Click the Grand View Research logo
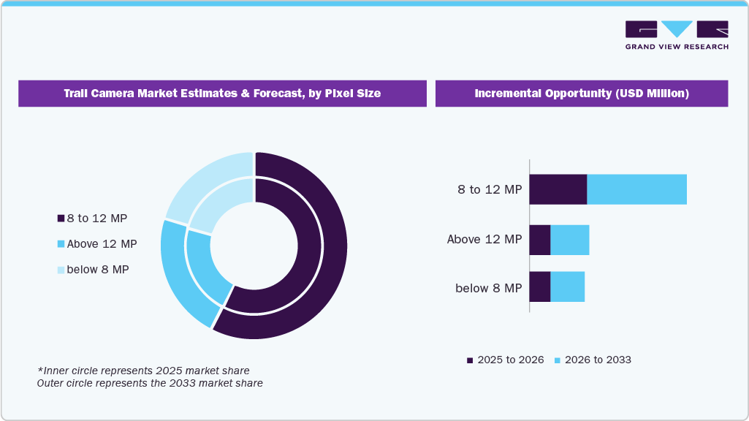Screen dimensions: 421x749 pyautogui.click(x=677, y=35)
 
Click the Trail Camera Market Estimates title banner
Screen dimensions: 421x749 pyautogui.click(x=222, y=94)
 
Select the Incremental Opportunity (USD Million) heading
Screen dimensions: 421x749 pyautogui.click(x=581, y=94)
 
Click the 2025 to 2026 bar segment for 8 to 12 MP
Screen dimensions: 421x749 pyautogui.click(x=558, y=189)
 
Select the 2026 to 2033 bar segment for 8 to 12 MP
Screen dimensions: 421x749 pyautogui.click(x=636, y=189)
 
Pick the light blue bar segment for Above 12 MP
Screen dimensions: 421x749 pyautogui.click(x=569, y=240)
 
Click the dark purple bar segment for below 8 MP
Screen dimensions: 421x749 pyautogui.click(x=539, y=287)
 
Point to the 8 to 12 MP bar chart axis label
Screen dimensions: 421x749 pyautogui.click(x=490, y=190)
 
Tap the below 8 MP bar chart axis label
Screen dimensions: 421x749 pyautogui.click(x=488, y=288)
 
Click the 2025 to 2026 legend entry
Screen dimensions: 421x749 pyautogui.click(x=505, y=360)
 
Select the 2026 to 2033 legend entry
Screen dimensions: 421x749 pyautogui.click(x=592, y=360)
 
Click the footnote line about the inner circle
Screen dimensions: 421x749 pyautogui.click(x=143, y=371)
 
